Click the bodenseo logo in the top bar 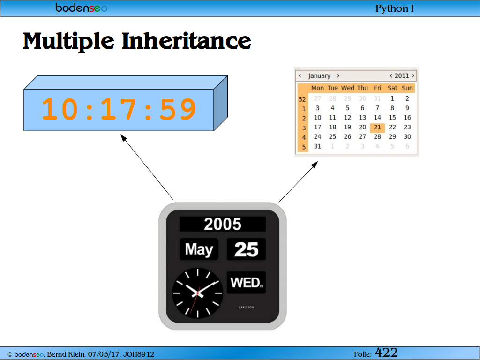(x=82, y=7)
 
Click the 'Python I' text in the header (x=394, y=8)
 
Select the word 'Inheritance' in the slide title (x=186, y=41)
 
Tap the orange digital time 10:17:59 (x=119, y=109)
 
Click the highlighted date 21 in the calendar (x=377, y=127)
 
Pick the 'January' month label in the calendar (x=319, y=75)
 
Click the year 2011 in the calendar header (x=402, y=75)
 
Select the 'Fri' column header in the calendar (x=377, y=88)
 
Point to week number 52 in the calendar (x=302, y=99)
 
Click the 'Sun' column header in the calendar (x=407, y=88)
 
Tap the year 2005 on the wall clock (x=223, y=224)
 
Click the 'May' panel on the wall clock (x=199, y=249)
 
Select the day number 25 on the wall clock (x=246, y=249)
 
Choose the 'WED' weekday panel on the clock (x=246, y=282)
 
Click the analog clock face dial (x=197, y=293)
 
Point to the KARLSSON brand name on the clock (x=246, y=307)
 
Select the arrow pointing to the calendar (x=298, y=182)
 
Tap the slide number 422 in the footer (x=386, y=352)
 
